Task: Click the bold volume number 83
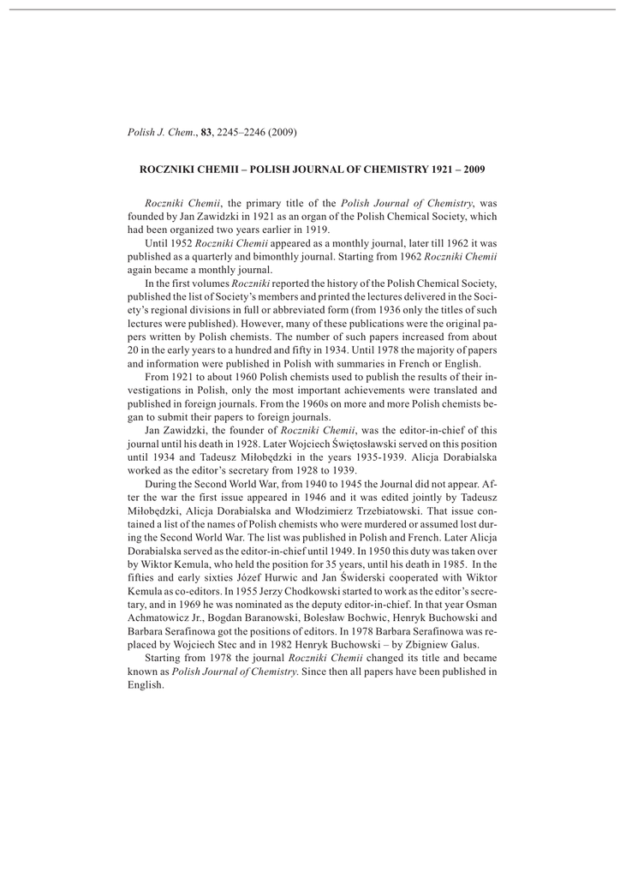pos(206,132)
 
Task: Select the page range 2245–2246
pos(242,132)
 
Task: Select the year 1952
pos(181,243)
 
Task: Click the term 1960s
pos(293,404)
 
